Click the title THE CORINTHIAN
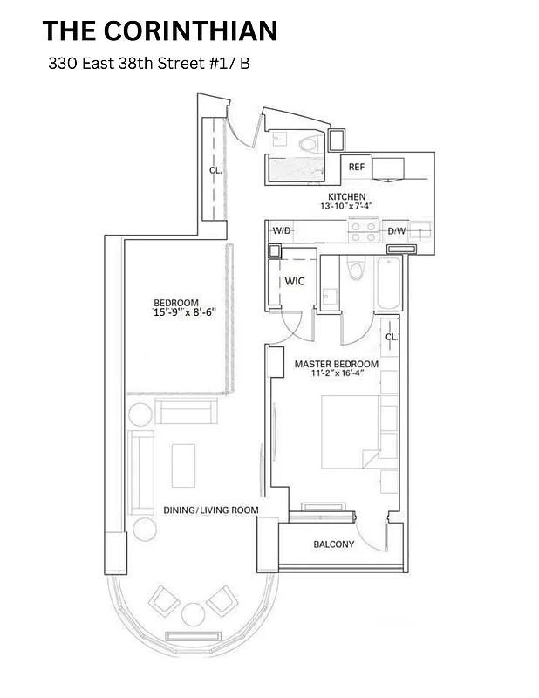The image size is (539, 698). click(160, 31)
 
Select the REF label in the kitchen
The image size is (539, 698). click(356, 167)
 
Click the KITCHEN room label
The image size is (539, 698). click(346, 196)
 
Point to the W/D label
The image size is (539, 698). click(281, 230)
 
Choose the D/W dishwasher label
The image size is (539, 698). click(396, 230)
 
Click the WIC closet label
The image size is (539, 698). click(294, 282)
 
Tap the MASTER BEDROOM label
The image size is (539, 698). click(336, 363)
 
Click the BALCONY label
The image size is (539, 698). click(334, 544)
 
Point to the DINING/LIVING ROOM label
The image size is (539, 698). click(210, 510)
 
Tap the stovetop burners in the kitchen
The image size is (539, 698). click(363, 230)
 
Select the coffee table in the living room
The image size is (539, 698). click(183, 465)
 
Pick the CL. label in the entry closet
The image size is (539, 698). click(215, 171)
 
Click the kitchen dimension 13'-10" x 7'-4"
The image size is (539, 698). click(346, 206)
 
